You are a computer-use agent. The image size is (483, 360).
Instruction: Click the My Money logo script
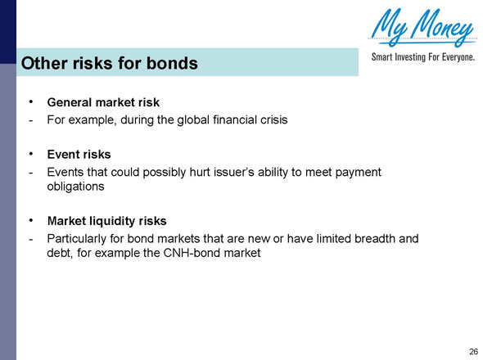(x=422, y=29)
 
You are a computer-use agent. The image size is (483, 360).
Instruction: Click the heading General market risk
(x=103, y=103)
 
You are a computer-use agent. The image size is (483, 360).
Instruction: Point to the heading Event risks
(x=79, y=154)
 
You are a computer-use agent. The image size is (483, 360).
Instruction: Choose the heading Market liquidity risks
(x=107, y=221)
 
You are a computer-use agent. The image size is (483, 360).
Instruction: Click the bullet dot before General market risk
(x=31, y=102)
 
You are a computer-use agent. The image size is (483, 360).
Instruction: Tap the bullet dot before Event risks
(x=31, y=153)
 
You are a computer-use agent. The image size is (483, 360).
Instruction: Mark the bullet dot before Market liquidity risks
(x=31, y=220)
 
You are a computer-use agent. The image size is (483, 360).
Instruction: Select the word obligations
(x=76, y=187)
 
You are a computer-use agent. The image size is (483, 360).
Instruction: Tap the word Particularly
(x=79, y=238)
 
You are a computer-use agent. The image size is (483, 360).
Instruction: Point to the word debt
(x=61, y=254)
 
